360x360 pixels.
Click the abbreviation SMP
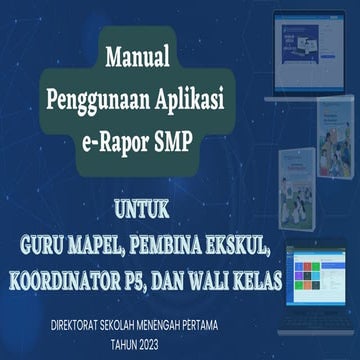pos(196,141)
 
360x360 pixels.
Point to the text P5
pos(151,273)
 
